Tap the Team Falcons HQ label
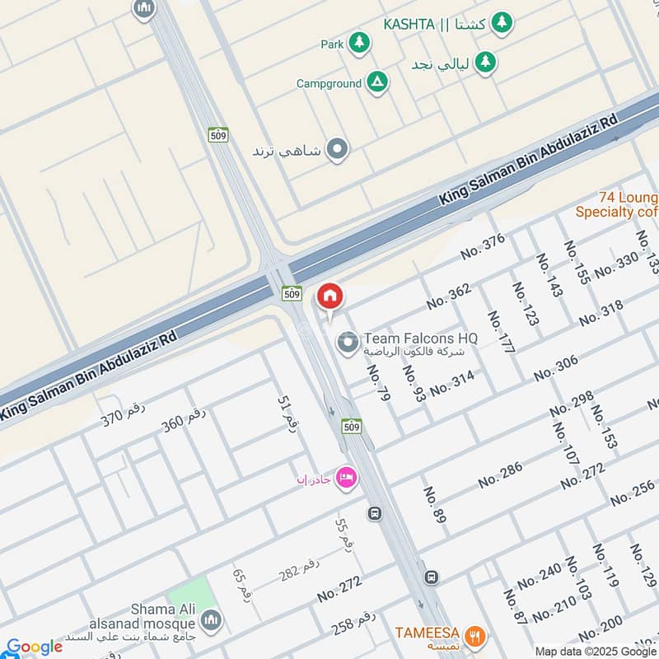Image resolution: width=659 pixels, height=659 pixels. pos(420,338)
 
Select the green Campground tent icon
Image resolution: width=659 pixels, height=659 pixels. pos(376,83)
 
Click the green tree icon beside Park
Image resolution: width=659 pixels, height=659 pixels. pos(358,43)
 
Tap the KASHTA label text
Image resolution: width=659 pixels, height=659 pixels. pos(409,24)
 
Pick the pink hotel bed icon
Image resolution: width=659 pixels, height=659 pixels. pos(347,478)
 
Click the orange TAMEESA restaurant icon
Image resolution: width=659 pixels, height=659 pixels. pos(474,636)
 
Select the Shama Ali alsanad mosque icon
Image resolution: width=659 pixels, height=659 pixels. pos(211,619)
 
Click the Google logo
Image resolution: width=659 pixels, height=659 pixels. pos(35,647)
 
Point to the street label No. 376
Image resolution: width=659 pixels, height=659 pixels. pos(483,246)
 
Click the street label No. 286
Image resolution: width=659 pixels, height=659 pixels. pos(500,475)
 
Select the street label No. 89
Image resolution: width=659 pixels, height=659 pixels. pos(434,505)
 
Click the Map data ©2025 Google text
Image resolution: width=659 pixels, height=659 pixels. pos(596,651)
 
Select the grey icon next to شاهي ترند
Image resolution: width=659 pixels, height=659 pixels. pos(336,150)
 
